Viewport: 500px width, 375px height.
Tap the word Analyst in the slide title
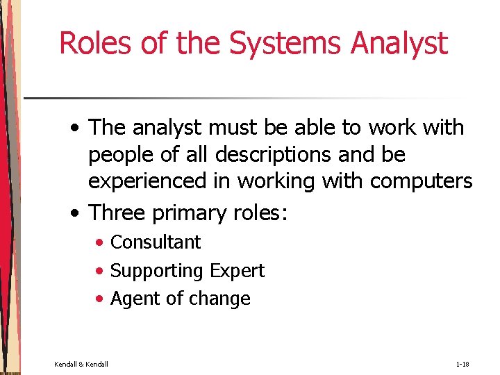coord(399,43)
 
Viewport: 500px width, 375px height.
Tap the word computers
coord(422,182)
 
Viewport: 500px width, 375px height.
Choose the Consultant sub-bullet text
coord(156,242)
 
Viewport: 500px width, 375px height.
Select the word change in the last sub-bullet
coord(219,299)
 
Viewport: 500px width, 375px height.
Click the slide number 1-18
coord(463,364)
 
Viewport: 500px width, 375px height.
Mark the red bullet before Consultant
coord(101,243)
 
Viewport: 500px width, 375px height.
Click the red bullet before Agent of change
coord(101,299)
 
